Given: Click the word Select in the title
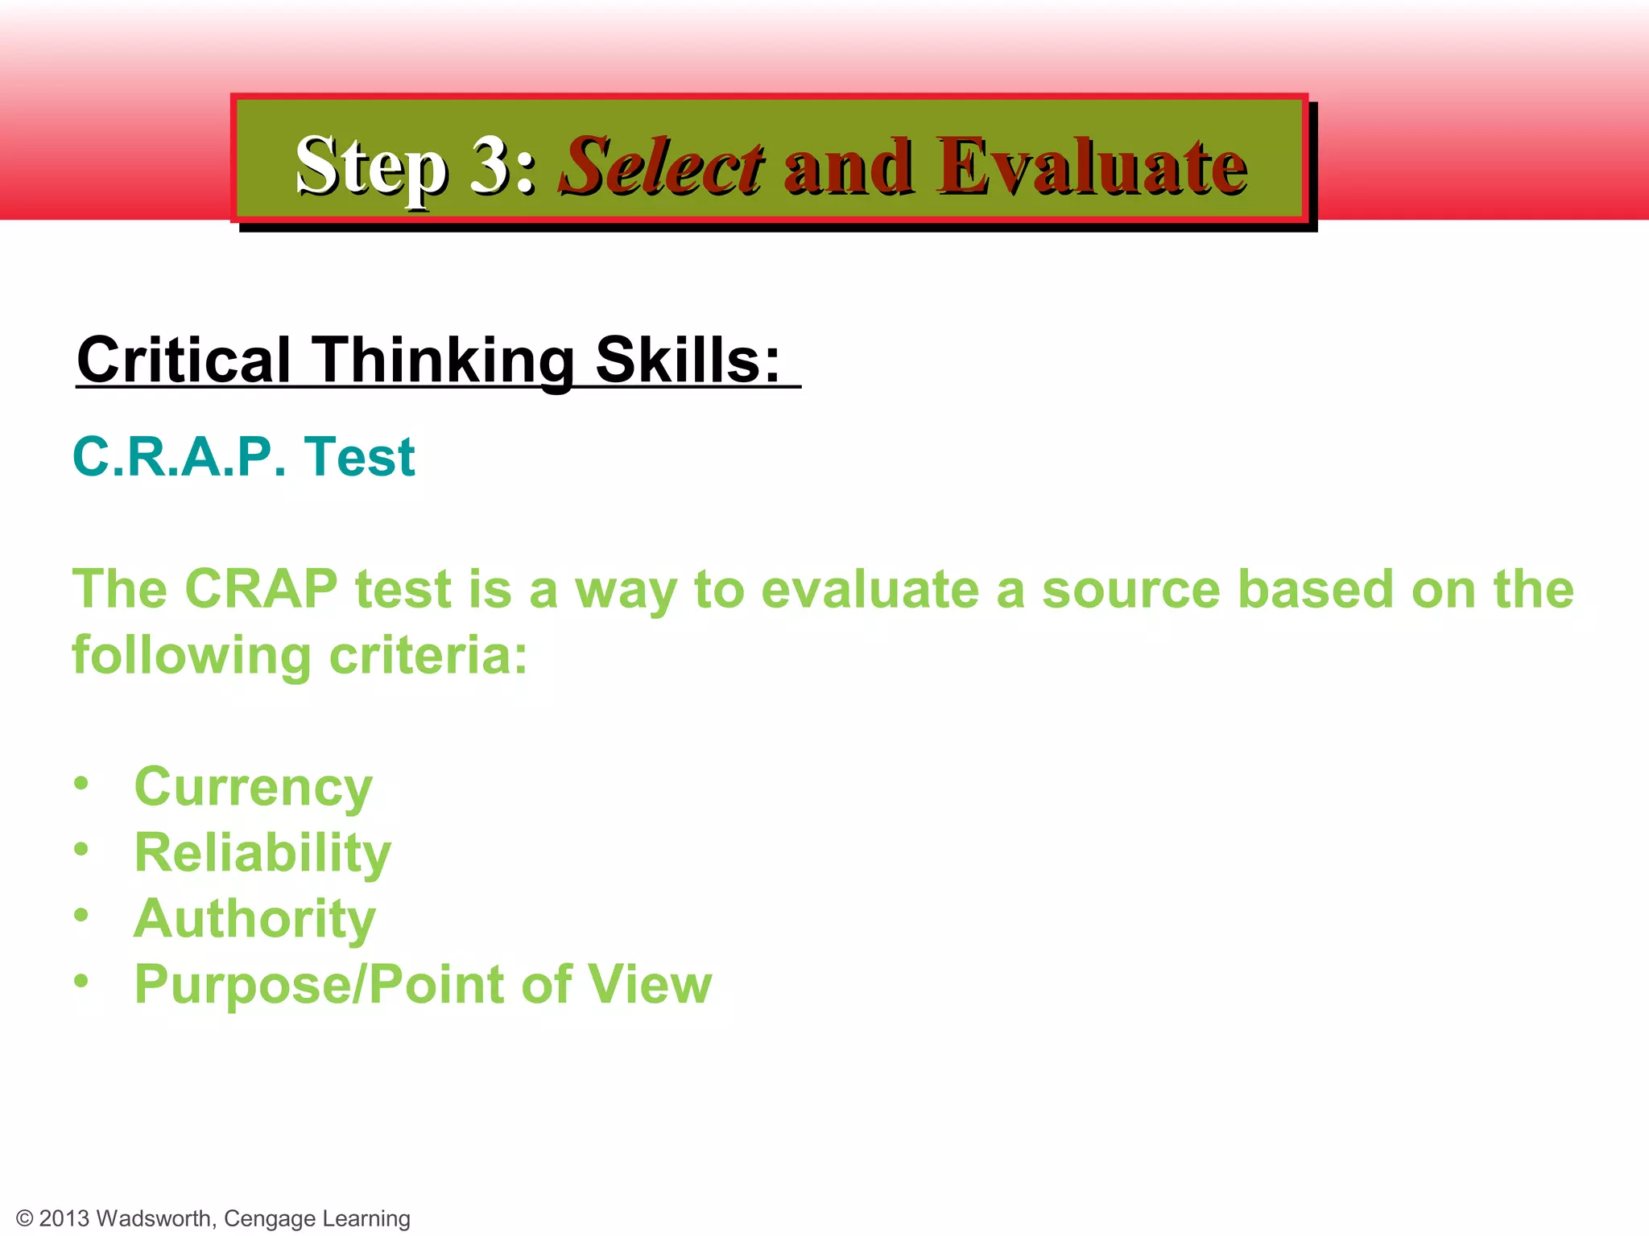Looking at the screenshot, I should [662, 167].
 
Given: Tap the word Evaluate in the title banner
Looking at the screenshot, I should [1091, 167].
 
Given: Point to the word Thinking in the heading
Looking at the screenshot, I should [443, 360].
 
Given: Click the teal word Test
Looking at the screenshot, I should [359, 457].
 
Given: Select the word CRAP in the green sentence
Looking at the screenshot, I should [261, 589].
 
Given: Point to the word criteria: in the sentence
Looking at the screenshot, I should [428, 655].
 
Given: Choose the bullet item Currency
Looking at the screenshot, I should [253, 787].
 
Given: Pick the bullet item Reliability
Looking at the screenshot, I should [262, 852].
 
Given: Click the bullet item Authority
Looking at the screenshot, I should [254, 918].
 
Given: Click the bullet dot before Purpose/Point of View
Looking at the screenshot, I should [81, 981].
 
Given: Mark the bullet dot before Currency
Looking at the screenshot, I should [81, 783].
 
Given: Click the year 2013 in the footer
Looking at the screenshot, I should [64, 1218].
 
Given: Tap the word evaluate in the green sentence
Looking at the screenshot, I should [870, 589].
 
